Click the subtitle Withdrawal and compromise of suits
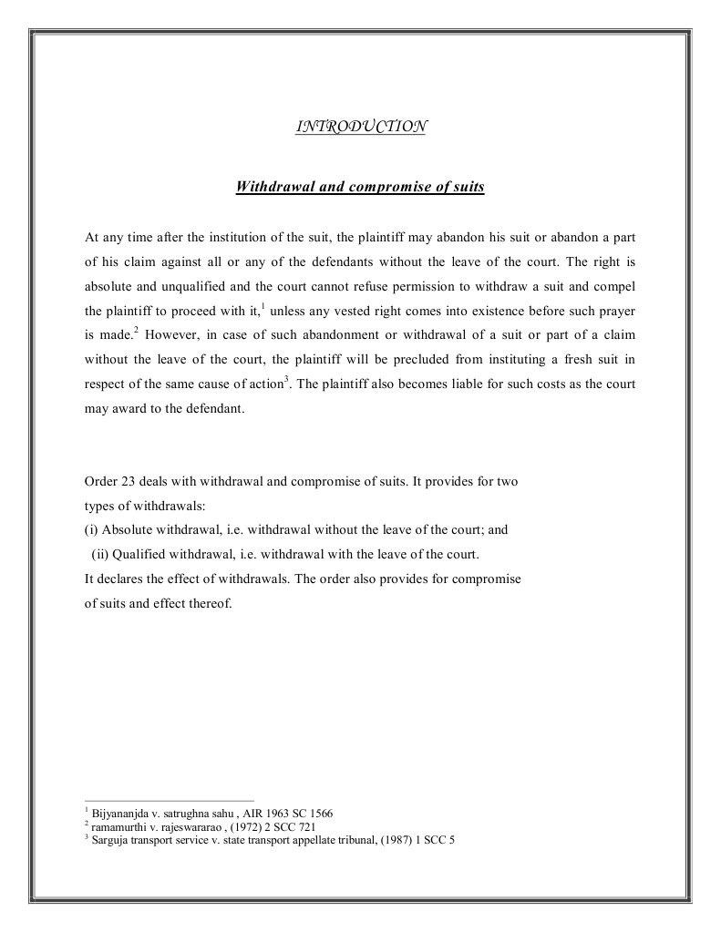pyautogui.click(x=360, y=187)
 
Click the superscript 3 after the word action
pyautogui.click(x=287, y=379)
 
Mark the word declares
pyautogui.click(x=119, y=579)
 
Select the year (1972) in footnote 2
pyautogui.click(x=240, y=827)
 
